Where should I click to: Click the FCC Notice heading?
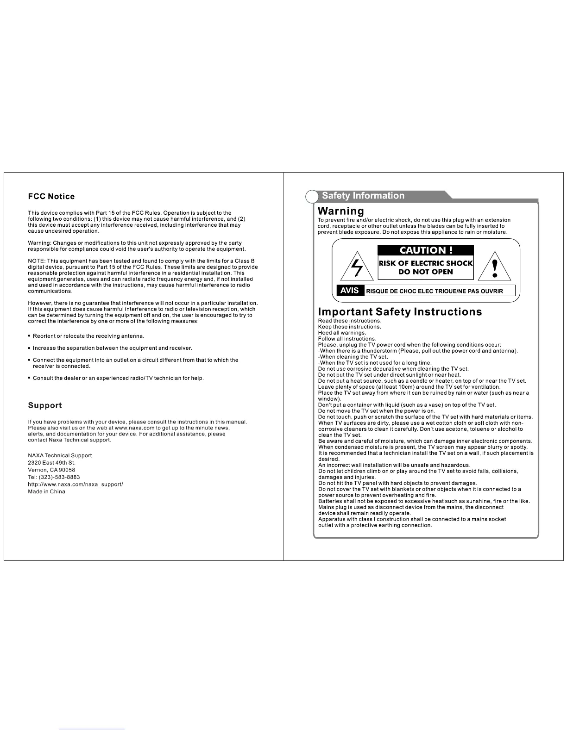coord(51,197)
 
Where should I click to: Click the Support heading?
coord(44,405)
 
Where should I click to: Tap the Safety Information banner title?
coord(363,196)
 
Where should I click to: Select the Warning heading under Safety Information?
coord(341,211)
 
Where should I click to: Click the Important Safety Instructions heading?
coord(400,312)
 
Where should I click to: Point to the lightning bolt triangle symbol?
coord(357,267)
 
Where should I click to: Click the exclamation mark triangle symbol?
coord(495,267)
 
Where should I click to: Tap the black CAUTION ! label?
coord(426,250)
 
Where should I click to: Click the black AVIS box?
coord(349,291)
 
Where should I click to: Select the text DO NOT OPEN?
coord(426,272)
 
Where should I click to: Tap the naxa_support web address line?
coord(76,485)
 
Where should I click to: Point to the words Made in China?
coord(46,491)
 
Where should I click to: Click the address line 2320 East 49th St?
coord(51,463)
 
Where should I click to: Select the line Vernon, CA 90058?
coord(51,470)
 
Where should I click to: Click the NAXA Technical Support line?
coord(60,455)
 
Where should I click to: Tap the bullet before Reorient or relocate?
coord(29,336)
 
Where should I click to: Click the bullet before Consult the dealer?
coord(29,378)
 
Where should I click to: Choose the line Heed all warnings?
coord(342,333)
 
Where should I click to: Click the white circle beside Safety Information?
coord(312,197)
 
